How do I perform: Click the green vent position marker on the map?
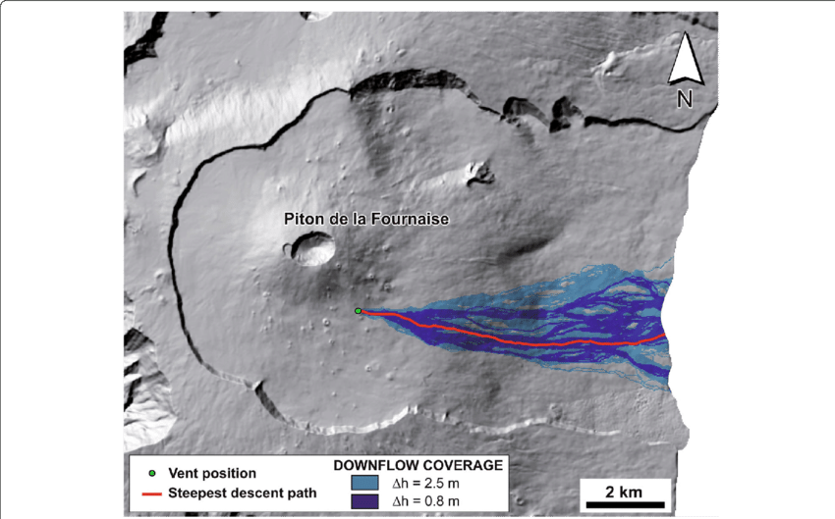tap(359, 311)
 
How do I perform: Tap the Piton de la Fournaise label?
tap(365, 220)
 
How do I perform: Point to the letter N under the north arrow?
tap(685, 98)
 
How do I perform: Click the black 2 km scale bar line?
tap(623, 505)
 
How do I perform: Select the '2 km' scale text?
tap(623, 490)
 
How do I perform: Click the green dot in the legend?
tap(151, 474)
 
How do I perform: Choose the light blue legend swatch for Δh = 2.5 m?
tap(363, 483)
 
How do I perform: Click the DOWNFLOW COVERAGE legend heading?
tap(419, 464)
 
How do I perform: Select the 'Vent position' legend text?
tap(212, 474)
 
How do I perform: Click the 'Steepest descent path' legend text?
tap(242, 493)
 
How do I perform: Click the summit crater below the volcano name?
tap(311, 251)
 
